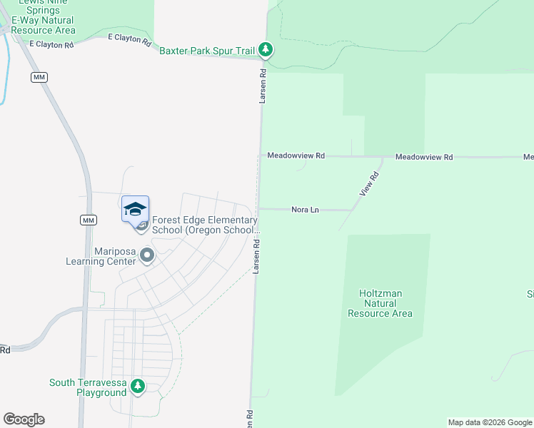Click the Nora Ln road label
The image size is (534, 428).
click(x=303, y=210)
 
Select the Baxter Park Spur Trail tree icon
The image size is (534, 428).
click(x=266, y=49)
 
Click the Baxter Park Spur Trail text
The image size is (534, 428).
click(x=207, y=51)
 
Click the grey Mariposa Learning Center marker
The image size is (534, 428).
click(x=147, y=255)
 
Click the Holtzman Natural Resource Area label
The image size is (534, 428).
click(x=380, y=303)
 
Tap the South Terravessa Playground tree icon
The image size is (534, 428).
click(x=138, y=387)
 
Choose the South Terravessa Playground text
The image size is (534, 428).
click(x=88, y=388)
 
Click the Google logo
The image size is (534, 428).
click(x=24, y=419)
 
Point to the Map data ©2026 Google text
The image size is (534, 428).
click(x=490, y=422)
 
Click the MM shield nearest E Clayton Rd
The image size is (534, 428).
click(x=39, y=76)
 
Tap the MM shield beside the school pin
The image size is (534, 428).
click(x=88, y=220)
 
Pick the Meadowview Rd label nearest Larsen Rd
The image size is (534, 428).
click(x=296, y=156)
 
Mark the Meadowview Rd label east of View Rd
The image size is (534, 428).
click(x=424, y=157)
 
